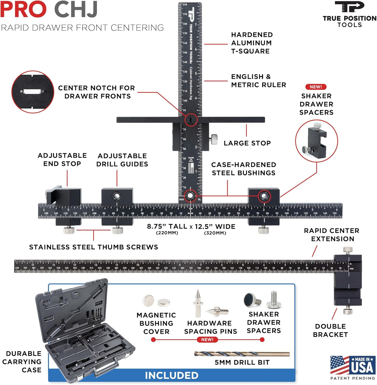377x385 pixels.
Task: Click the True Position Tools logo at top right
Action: pos(349,14)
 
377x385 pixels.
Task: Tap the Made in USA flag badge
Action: pos(353,365)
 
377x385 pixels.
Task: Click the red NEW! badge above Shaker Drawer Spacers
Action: pos(316,87)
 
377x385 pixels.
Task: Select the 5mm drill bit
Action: pos(242,354)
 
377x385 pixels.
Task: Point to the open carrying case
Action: pos(85,331)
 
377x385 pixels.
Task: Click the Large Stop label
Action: pos(247,143)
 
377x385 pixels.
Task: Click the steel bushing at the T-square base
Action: pos(190,196)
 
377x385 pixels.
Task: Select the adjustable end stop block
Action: pos(64,196)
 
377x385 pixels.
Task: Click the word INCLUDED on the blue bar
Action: pos(172,376)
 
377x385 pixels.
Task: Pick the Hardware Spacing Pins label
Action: pos(210,327)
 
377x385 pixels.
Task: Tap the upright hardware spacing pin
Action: pos(198,303)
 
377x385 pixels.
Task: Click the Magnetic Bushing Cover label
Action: pos(156,323)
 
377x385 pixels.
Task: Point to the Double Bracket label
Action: pos(330,331)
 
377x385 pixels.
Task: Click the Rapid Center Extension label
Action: pos(332,235)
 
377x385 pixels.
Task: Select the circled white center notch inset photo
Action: pos(33,92)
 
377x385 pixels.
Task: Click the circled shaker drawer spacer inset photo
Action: pos(316,141)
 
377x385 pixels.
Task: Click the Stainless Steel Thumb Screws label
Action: pos(93,247)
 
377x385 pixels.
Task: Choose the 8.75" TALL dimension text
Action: pos(167,227)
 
